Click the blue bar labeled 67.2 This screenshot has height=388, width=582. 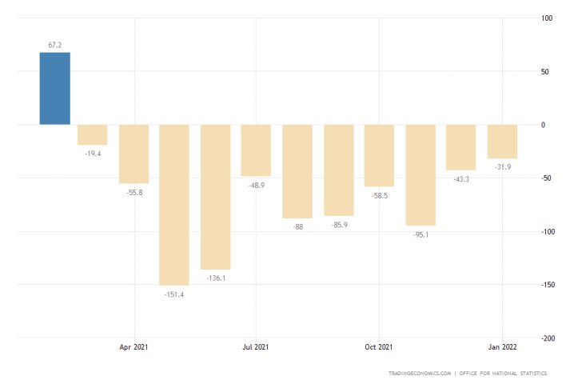(55, 89)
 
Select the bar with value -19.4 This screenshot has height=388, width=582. (93, 134)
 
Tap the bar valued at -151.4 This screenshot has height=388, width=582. (174, 205)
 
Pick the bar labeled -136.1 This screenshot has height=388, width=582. (215, 197)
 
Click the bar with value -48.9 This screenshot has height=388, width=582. (256, 150)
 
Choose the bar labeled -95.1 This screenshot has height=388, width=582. (420, 175)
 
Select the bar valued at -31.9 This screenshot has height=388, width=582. (502, 142)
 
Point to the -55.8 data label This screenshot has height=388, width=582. (134, 193)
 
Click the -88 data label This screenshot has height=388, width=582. (297, 227)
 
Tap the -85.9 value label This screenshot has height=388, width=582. (338, 225)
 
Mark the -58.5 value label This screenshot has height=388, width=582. (379, 195)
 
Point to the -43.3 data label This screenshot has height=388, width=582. (460, 179)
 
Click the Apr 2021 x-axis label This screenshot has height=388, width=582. (134, 347)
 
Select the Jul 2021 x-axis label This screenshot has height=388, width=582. (256, 347)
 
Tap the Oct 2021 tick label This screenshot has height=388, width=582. (379, 347)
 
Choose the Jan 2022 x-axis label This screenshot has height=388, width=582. (501, 347)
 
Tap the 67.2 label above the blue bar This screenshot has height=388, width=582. (55, 46)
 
